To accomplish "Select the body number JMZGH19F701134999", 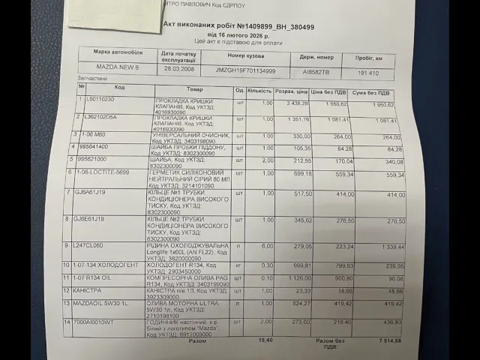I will coord(246,70).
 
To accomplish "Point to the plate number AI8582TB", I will coord(314,72).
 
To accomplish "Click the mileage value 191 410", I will coord(368,73).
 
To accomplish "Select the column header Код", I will coord(120,88).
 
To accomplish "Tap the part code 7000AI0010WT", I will coord(95,322).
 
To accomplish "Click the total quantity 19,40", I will coord(264,340).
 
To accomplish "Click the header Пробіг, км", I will coord(368,58).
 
